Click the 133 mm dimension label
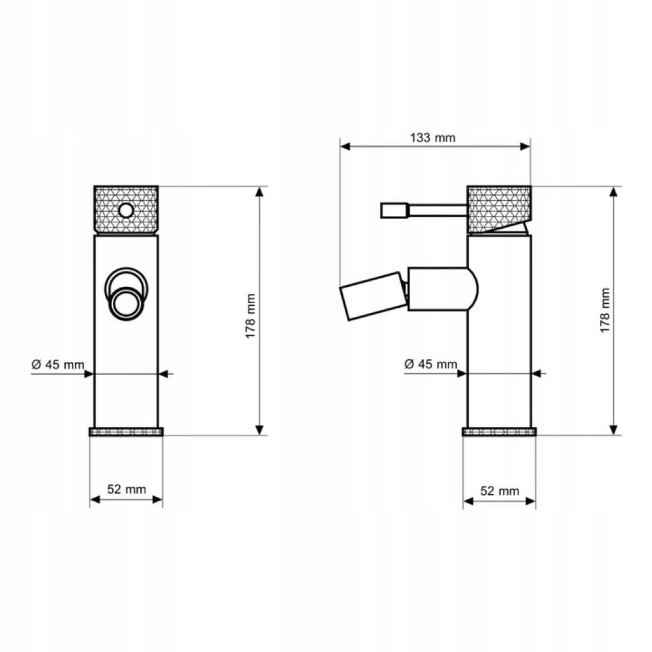click(x=432, y=138)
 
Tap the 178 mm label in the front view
click(x=250, y=316)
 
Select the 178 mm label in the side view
click(x=605, y=310)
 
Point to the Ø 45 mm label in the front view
click(x=58, y=364)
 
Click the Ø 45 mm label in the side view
click(x=431, y=364)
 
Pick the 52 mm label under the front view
click(x=126, y=490)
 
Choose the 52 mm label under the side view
click(x=500, y=491)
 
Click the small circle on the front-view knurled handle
click(x=126, y=211)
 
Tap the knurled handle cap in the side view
click(x=499, y=209)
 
